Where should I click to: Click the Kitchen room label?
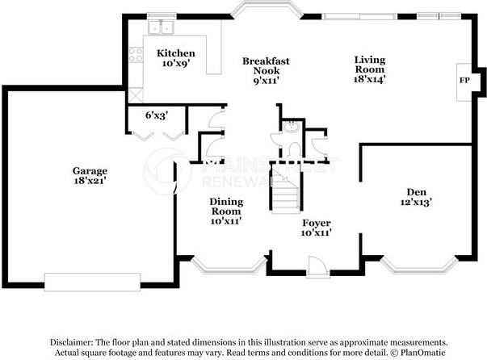coord(175,53)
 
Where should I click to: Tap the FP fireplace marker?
coord(464,81)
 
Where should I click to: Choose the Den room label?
coord(416,191)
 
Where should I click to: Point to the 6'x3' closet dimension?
coord(156,115)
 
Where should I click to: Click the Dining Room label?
coord(226,207)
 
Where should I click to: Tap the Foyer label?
coord(316,223)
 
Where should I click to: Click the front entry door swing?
coord(317,266)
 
